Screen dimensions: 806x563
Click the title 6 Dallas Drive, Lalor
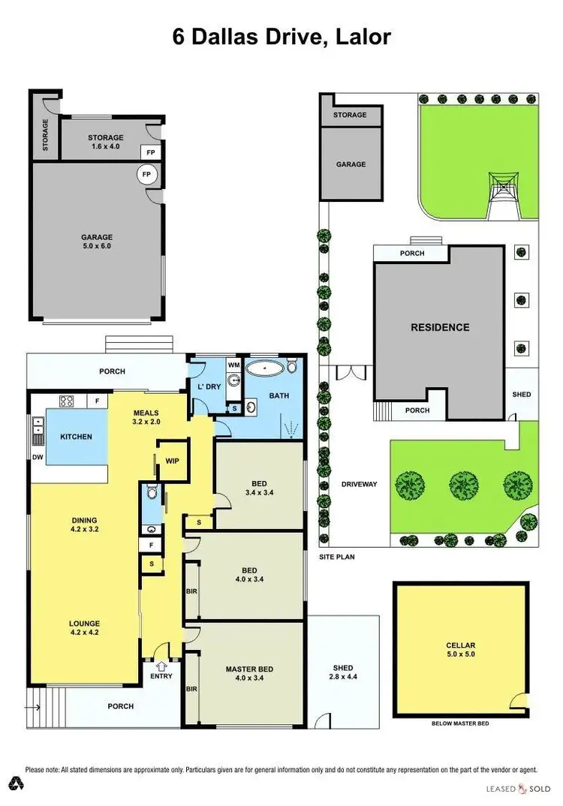point(281,37)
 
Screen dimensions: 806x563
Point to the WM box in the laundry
point(233,364)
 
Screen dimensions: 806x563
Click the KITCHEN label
point(77,437)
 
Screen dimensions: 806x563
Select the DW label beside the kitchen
point(38,456)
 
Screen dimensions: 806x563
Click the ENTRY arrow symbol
point(161,665)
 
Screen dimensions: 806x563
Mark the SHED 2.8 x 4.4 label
point(342,672)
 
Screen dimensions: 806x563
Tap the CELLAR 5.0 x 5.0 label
point(460,650)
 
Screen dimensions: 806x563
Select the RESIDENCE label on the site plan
point(439,327)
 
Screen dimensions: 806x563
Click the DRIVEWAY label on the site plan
point(358,484)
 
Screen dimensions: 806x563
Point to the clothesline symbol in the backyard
point(499,185)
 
